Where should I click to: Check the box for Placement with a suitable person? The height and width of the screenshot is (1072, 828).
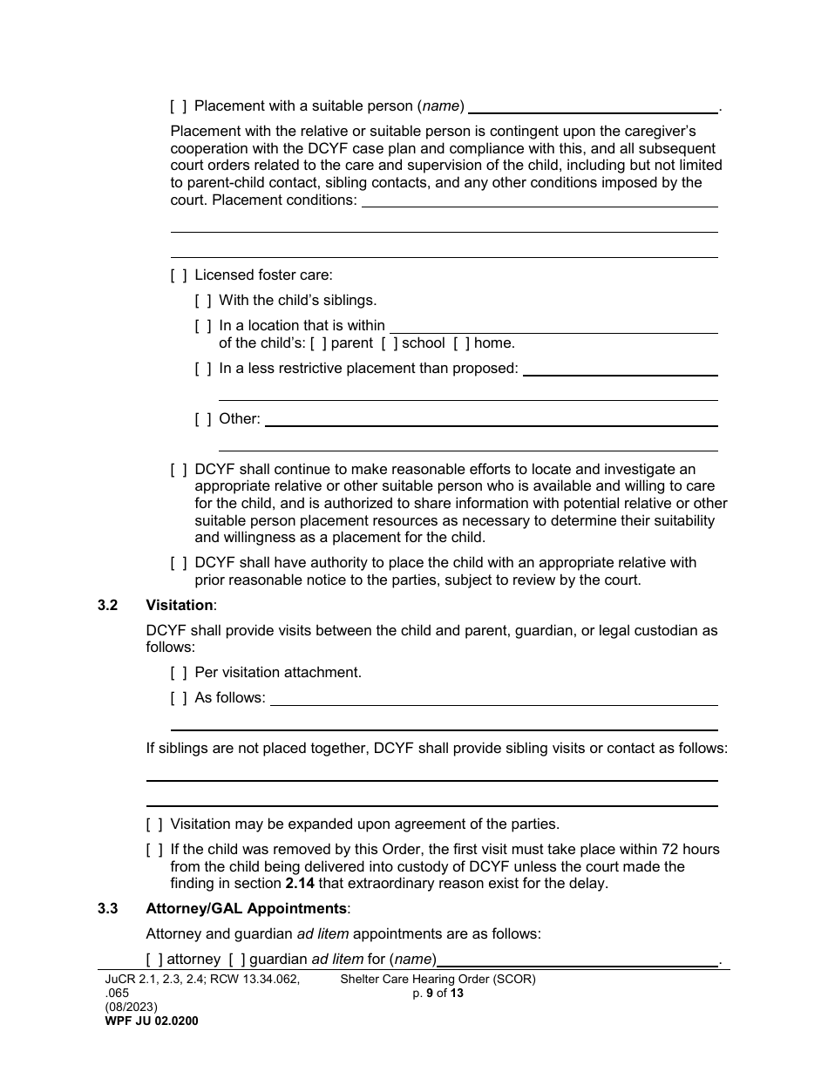(179, 106)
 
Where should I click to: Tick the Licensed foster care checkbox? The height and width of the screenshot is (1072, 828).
(179, 275)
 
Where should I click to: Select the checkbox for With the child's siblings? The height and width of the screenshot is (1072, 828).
(203, 301)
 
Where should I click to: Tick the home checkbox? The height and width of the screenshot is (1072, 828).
(462, 343)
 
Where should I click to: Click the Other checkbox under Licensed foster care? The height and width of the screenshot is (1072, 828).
(203, 419)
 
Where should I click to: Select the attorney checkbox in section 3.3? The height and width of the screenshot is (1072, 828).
(154, 960)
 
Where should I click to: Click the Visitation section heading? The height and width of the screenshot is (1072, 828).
(179, 605)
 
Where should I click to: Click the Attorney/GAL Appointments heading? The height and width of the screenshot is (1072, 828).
(247, 909)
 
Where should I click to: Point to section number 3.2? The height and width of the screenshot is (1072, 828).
(108, 605)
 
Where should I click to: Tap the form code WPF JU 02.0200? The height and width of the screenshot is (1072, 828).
(151, 1021)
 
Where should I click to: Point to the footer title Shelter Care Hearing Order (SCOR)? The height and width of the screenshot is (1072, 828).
(438, 979)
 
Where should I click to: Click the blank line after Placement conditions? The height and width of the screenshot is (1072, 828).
(540, 201)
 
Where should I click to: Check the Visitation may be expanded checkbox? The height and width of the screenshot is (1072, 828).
(154, 824)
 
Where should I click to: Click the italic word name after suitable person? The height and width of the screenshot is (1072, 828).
(440, 106)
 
